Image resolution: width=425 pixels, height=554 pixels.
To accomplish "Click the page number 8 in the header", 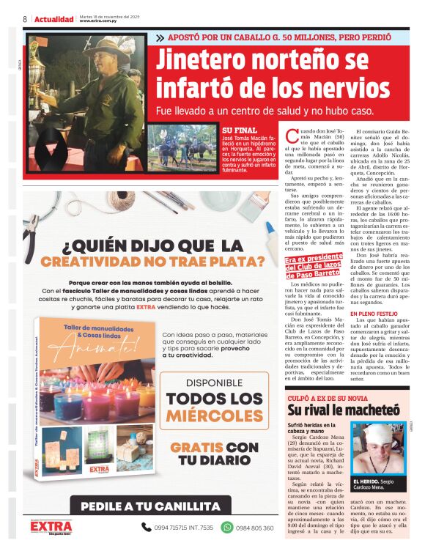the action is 25,19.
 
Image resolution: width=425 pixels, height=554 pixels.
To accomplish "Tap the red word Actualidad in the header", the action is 54,19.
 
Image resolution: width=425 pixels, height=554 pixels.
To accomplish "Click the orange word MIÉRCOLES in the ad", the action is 214,416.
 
